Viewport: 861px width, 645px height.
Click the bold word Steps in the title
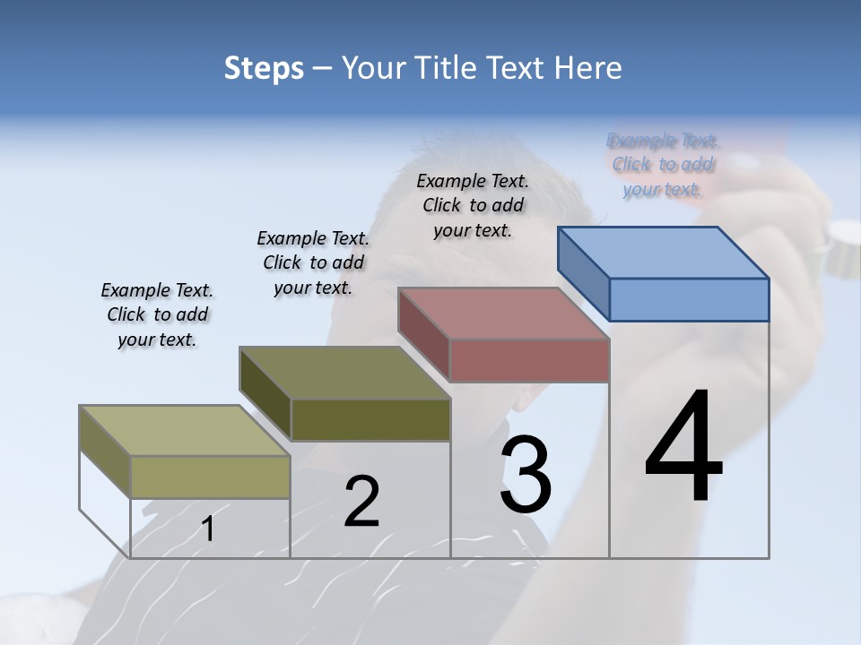[x=264, y=68]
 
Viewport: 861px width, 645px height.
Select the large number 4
[x=683, y=448]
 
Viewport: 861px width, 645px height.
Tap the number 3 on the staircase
[x=526, y=475]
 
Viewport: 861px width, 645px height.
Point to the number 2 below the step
[x=361, y=502]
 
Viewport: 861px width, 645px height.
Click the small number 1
[x=208, y=529]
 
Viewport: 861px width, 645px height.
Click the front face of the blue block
[x=689, y=299]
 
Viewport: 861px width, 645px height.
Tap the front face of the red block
[x=529, y=360]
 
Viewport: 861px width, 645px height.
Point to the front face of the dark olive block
[x=370, y=419]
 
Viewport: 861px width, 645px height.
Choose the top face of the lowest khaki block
[x=185, y=431]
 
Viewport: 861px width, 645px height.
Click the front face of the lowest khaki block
[x=211, y=477]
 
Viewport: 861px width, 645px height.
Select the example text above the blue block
[x=663, y=165]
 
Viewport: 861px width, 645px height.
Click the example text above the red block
[x=473, y=205]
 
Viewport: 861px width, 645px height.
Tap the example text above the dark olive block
[x=313, y=262]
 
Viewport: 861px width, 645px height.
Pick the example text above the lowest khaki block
[x=157, y=314]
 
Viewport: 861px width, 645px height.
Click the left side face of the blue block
[x=584, y=273]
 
